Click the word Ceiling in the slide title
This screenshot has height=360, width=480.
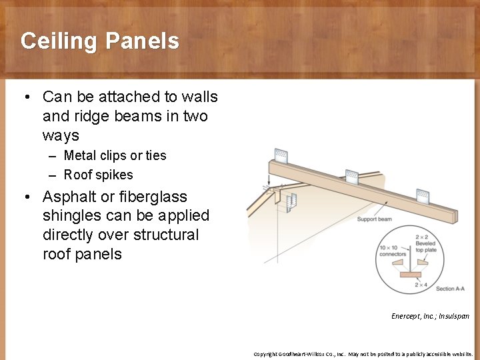(59, 41)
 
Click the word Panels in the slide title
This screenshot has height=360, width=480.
(142, 41)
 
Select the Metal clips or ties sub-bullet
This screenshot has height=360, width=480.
(115, 155)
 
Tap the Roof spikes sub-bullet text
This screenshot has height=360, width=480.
(98, 175)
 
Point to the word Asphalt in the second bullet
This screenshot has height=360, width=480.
(70, 197)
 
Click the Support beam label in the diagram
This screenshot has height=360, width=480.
(375, 219)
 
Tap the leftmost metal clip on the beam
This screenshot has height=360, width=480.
(281, 156)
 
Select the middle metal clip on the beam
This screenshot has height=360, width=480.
(351, 177)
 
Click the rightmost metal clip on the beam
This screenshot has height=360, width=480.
(423, 196)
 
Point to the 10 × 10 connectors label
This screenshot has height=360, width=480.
(393, 251)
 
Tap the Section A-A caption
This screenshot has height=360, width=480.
(450, 289)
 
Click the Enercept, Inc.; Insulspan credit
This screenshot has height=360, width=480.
(430, 316)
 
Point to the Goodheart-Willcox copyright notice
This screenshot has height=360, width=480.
(363, 354)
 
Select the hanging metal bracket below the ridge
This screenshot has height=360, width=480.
(290, 201)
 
